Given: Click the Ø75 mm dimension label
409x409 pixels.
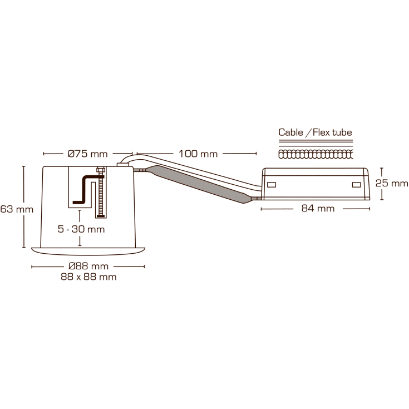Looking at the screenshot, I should [x=88, y=154].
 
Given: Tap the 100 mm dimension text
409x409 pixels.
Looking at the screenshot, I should [x=198, y=154].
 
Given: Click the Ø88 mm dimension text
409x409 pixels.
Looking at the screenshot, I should [x=88, y=267].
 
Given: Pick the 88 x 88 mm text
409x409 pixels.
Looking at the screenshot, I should [x=88, y=277].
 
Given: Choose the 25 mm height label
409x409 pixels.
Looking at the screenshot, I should [x=392, y=183].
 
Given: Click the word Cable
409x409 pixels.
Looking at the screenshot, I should [x=291, y=132].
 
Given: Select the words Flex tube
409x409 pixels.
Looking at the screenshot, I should [x=332, y=132].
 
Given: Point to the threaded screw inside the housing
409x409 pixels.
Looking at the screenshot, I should [x=101, y=192].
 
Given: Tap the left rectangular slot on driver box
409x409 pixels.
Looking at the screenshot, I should [x=272, y=184].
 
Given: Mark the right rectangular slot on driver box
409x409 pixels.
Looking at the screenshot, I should [x=356, y=184].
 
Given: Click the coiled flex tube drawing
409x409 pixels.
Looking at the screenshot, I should [x=315, y=152].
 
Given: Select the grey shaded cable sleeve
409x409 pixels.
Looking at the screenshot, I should [x=200, y=184].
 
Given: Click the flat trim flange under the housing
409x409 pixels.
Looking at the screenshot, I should [x=88, y=252].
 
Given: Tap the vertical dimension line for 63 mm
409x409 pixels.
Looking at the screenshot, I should [x=24, y=206].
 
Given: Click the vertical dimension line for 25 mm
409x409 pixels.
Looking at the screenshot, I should [x=382, y=183].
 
